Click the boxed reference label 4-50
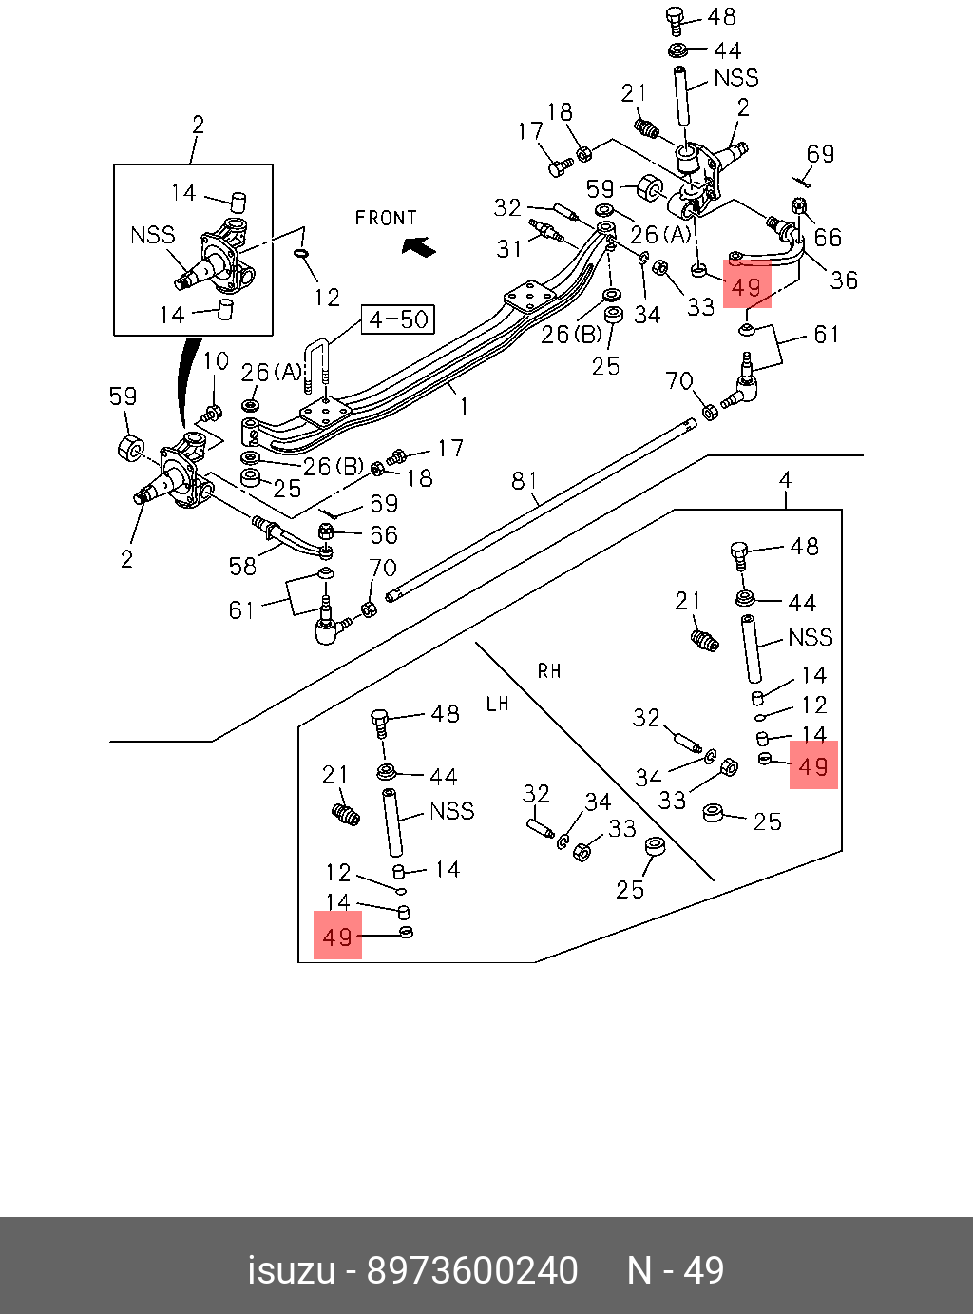pos(398,319)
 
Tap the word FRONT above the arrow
pos(386,218)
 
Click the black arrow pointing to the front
pos(418,246)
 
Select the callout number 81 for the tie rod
pos(525,481)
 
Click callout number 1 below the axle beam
pos(464,407)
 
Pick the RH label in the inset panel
pos(549,671)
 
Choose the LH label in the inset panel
pos(497,705)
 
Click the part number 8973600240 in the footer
pos(472,1270)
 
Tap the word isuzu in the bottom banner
pos(292,1270)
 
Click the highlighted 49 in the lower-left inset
pos(338,937)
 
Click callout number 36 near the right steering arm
pos(844,280)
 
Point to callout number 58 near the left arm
pos(242,567)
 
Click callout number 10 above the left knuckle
pos(216,361)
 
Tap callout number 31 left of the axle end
pos(509,249)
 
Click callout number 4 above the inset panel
pos(785,480)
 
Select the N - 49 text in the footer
pos(676,1270)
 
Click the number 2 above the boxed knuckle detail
pos(198,125)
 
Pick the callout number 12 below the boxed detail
pos(326,298)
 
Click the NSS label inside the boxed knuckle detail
pos(153,234)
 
